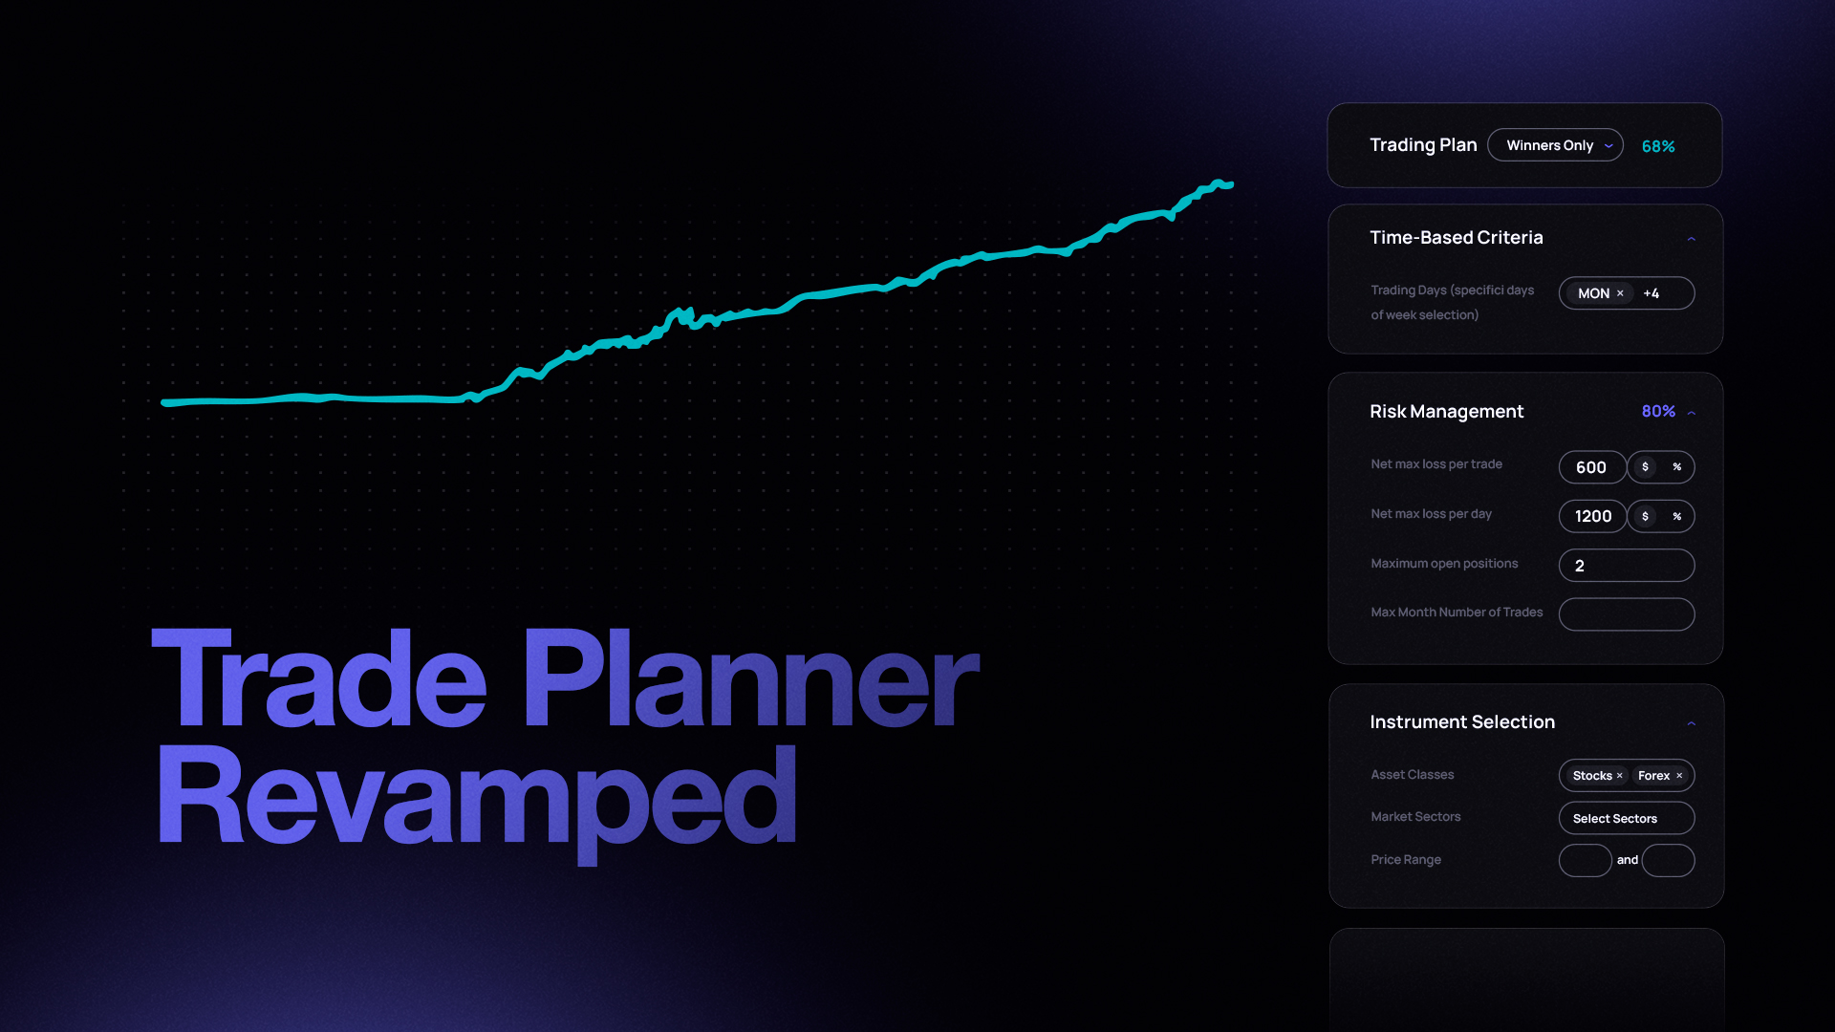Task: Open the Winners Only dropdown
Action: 1555,145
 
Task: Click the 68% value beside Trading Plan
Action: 1658,146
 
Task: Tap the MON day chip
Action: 1599,293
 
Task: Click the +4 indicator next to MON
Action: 1651,293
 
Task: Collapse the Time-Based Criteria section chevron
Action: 1692,239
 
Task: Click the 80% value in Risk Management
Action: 1658,411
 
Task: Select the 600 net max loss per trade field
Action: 1592,467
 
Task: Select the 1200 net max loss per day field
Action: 1592,516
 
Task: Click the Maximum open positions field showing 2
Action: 1627,566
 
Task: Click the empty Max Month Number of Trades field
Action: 1627,614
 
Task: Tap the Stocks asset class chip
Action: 1597,776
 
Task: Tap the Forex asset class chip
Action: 1660,776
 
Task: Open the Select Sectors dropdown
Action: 1627,818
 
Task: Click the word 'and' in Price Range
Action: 1628,860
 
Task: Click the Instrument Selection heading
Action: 1462,722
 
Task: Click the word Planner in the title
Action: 750,678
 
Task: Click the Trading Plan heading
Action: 1423,145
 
